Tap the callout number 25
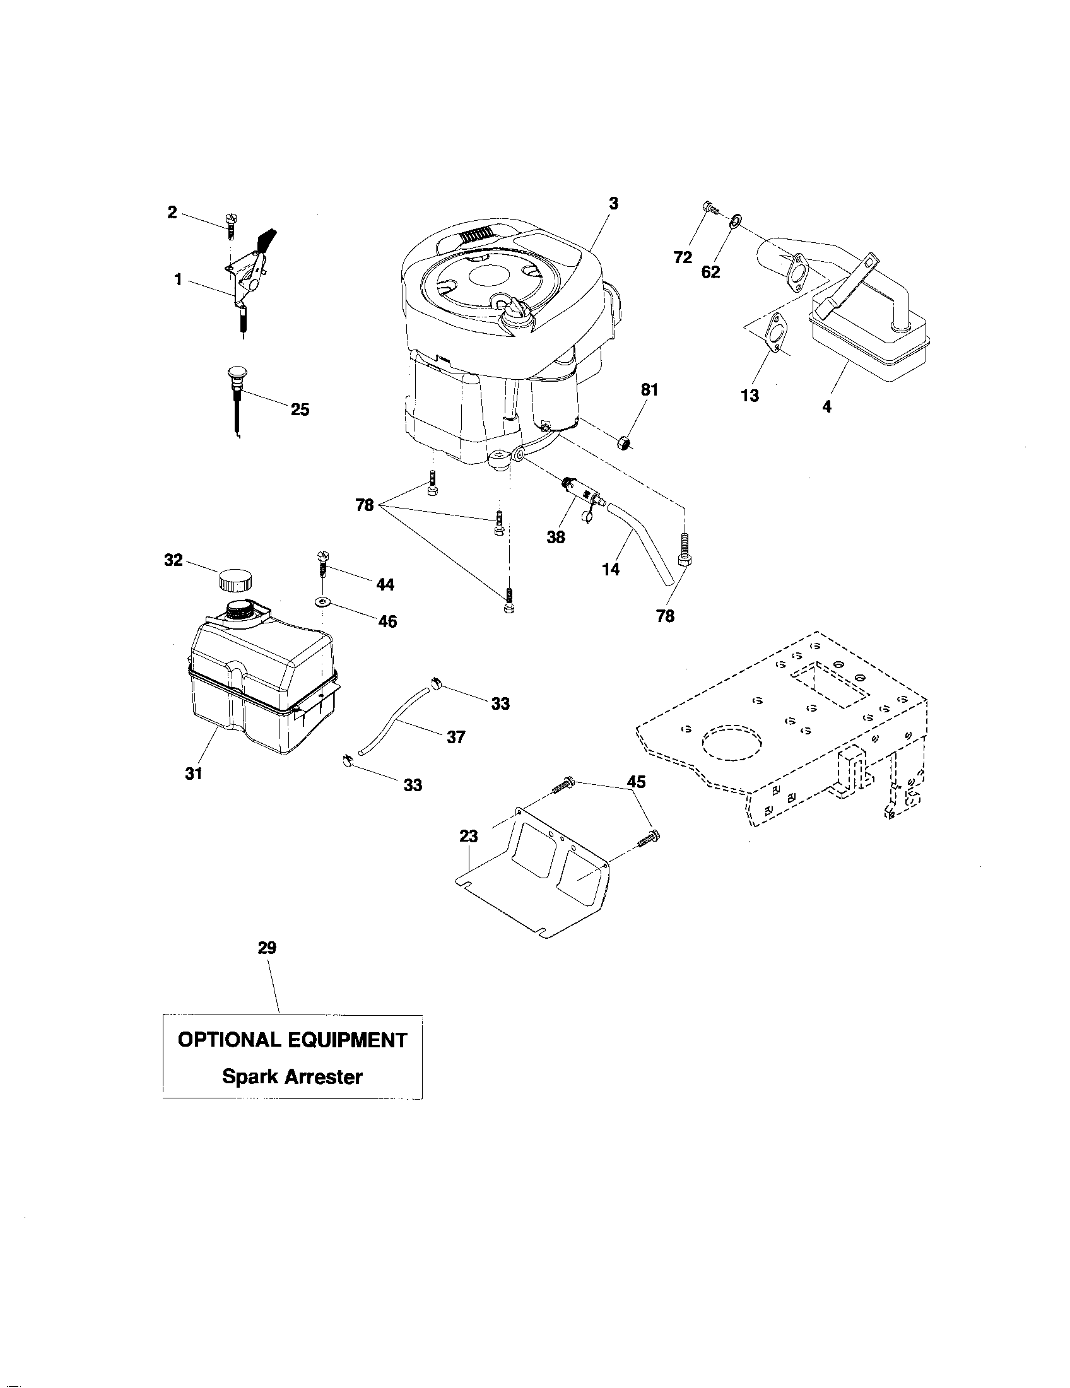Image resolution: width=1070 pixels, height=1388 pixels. click(x=300, y=409)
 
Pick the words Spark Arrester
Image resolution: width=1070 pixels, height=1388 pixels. click(x=292, y=1076)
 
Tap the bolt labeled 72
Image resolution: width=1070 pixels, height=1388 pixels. click(x=710, y=208)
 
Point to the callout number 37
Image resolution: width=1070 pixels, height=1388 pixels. click(x=456, y=737)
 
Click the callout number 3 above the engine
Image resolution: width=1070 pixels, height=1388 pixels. click(x=613, y=203)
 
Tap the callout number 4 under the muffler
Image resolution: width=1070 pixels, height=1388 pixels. click(x=826, y=407)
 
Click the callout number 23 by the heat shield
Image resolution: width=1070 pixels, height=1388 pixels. click(x=468, y=837)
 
